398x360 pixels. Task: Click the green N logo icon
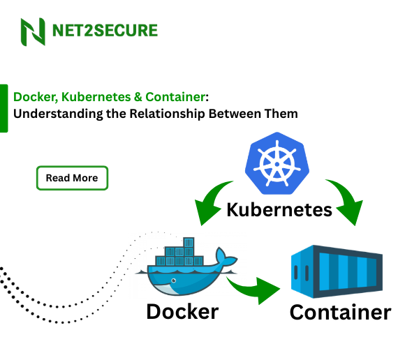tap(33, 31)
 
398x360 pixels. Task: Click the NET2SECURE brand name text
tap(105, 31)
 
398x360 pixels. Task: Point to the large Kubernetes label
tap(279, 209)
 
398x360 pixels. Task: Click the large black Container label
tap(340, 312)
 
